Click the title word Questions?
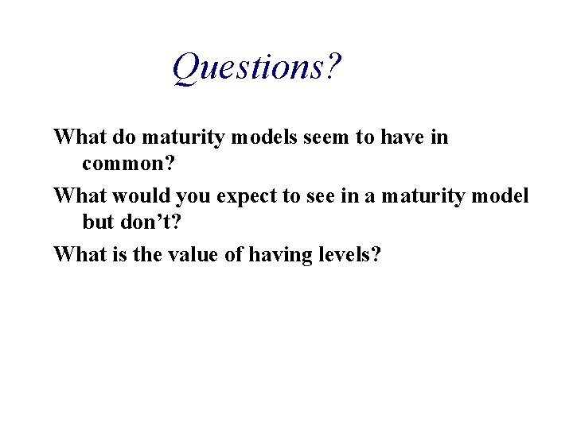[x=257, y=69]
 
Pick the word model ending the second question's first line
[x=499, y=195]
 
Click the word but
[x=95, y=224]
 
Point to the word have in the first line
[x=395, y=137]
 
